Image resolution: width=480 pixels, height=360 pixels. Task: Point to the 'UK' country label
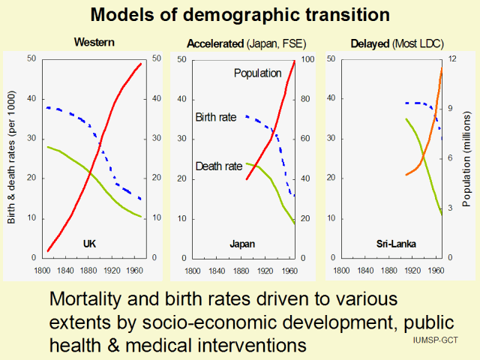click(90, 244)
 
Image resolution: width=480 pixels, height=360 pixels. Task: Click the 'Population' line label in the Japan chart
click(257, 73)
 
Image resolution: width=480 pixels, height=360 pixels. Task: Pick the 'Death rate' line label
click(218, 166)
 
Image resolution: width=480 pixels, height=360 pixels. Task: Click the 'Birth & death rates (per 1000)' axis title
click(13, 160)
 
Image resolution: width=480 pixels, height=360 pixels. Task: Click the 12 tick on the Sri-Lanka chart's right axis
click(453, 59)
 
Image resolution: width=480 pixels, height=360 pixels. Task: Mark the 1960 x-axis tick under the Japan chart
click(289, 270)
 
